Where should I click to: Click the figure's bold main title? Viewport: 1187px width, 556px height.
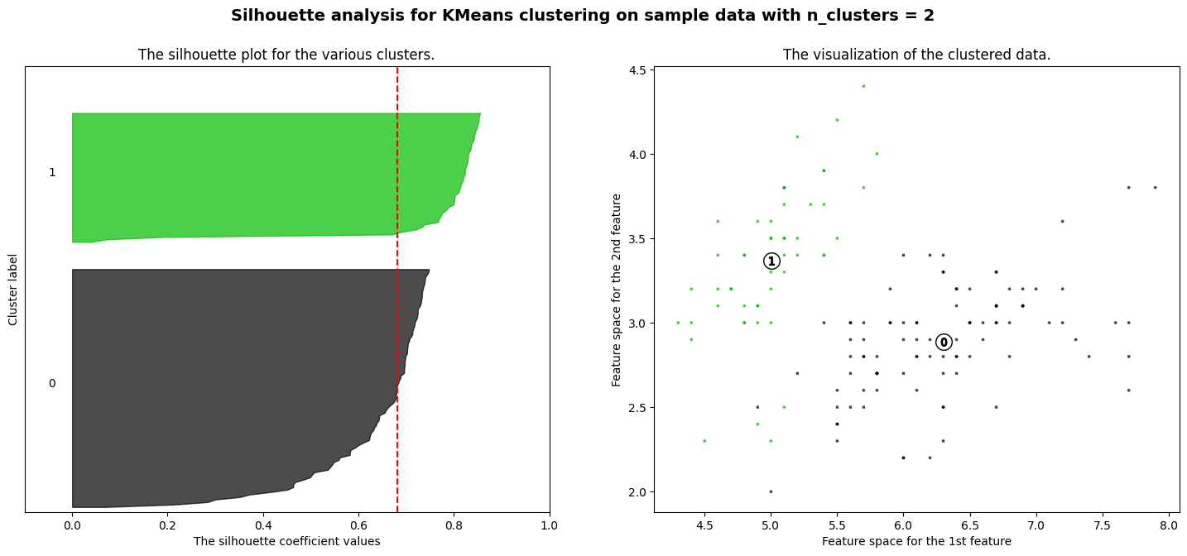click(x=582, y=16)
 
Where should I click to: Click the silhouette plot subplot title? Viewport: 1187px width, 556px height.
click(x=286, y=55)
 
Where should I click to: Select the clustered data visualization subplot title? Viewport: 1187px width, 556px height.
click(x=916, y=55)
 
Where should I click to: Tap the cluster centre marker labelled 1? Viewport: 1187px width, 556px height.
click(x=771, y=261)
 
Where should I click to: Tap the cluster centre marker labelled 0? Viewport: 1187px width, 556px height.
click(x=944, y=343)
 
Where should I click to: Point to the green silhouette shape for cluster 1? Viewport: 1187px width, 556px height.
click(x=248, y=174)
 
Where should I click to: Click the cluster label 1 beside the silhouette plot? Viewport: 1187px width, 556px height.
click(x=52, y=172)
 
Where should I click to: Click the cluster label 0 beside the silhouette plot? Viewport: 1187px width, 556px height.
click(x=52, y=383)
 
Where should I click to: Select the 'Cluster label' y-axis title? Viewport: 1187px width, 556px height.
click(x=13, y=290)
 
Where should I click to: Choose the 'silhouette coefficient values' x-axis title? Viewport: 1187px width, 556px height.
click(x=286, y=541)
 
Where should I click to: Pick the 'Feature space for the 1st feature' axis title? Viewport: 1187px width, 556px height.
click(x=916, y=541)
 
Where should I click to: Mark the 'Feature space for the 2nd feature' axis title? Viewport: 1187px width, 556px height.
click(x=617, y=290)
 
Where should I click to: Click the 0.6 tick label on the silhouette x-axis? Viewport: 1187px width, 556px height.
click(x=358, y=525)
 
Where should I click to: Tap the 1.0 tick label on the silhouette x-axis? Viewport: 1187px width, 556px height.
click(x=550, y=525)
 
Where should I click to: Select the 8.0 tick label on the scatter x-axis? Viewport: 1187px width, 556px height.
click(x=1169, y=525)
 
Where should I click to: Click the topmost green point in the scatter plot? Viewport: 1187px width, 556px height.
click(x=863, y=86)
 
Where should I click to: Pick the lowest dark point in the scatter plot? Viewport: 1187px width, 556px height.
click(x=771, y=491)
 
